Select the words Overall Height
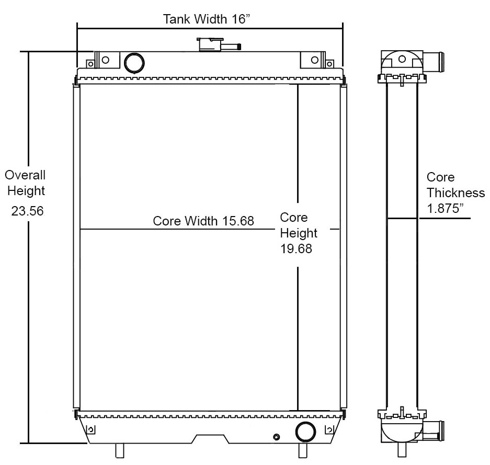click(x=26, y=183)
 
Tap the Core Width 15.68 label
click(x=203, y=221)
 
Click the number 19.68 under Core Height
click(x=296, y=249)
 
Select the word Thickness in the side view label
click(x=455, y=192)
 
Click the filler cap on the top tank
click(x=209, y=44)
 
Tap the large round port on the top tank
click(x=134, y=62)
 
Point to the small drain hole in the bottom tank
click(x=277, y=437)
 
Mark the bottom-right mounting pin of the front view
click(x=302, y=450)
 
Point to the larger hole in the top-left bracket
click(x=106, y=60)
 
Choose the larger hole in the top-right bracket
click(x=314, y=60)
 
